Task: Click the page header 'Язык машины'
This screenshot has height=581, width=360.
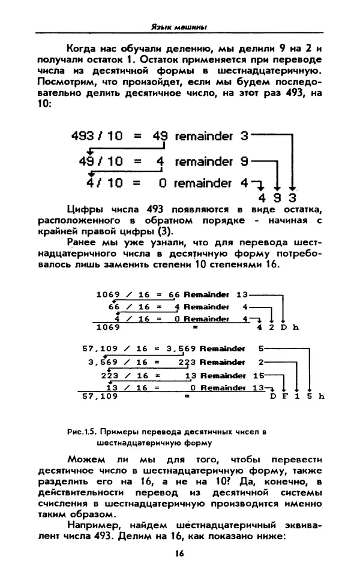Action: (179, 26)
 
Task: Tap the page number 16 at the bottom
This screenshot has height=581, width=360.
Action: (179, 553)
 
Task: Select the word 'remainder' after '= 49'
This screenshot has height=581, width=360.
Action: (203, 137)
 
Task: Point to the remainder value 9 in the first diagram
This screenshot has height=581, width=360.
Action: (244, 162)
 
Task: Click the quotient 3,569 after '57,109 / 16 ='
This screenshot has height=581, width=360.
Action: (181, 348)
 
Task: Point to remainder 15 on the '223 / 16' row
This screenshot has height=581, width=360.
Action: (259, 375)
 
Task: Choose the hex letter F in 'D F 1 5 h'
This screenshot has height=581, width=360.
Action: (284, 396)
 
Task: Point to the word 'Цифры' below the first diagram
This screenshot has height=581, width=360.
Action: (55, 209)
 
